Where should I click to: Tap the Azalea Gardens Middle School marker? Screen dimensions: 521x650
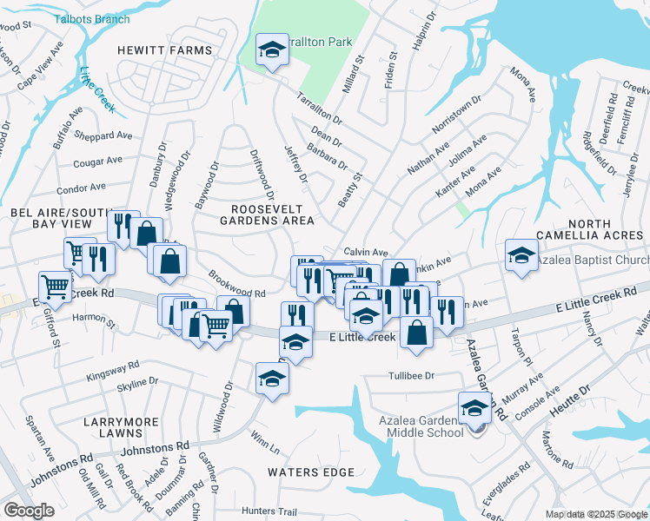point(475,408)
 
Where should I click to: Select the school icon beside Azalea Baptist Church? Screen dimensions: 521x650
point(521,255)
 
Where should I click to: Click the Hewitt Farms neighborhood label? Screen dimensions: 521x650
point(165,50)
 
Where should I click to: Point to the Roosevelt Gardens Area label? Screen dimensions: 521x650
point(272,214)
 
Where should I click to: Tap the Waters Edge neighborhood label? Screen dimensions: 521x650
point(311,472)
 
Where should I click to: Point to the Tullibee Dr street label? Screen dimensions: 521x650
point(410,376)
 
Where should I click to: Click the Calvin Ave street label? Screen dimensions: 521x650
point(364,251)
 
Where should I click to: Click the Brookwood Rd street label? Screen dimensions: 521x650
point(236,283)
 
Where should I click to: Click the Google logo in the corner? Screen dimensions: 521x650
point(29,511)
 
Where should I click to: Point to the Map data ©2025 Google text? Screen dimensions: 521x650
point(595,514)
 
